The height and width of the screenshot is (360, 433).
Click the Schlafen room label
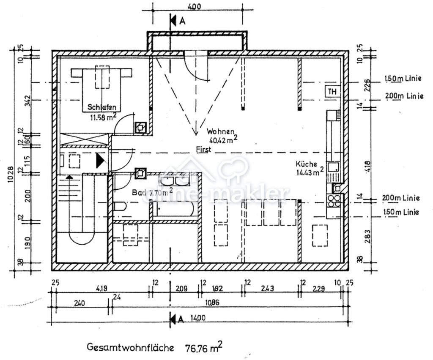click(x=102, y=107)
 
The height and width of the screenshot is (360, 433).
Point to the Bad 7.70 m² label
click(x=152, y=192)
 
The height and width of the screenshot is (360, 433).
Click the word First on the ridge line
click(x=203, y=149)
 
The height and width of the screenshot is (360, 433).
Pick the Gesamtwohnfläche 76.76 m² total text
click(x=154, y=348)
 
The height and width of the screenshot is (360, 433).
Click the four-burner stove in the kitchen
click(x=334, y=200)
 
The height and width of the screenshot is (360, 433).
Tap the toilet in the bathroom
click(x=119, y=207)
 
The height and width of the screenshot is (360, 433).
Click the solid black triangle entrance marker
click(x=100, y=161)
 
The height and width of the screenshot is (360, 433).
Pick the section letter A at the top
click(x=182, y=21)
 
